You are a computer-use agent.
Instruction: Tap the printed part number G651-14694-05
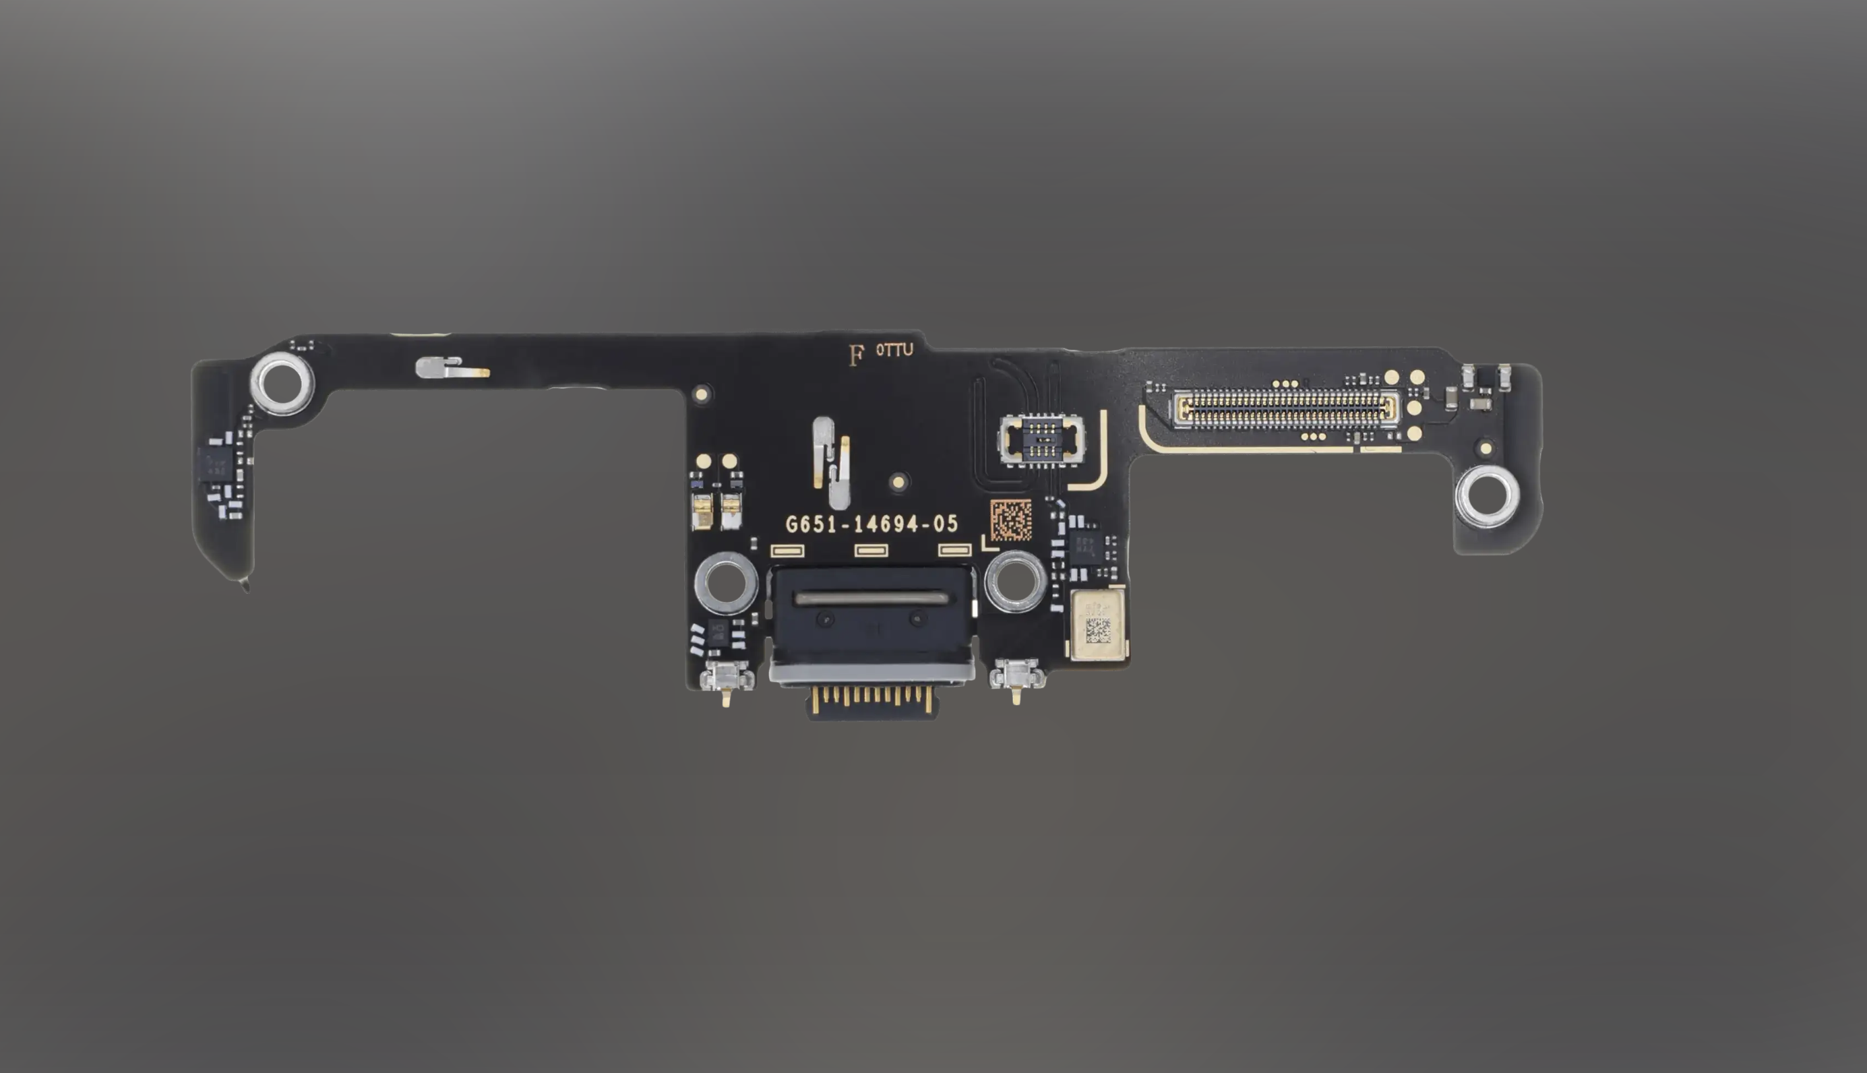click(x=871, y=524)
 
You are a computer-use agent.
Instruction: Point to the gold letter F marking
click(x=855, y=356)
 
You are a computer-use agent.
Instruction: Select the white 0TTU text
click(x=894, y=350)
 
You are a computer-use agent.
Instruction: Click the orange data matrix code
click(x=1011, y=520)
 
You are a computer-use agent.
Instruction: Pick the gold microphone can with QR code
click(x=1098, y=624)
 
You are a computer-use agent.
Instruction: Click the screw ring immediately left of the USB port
click(x=726, y=583)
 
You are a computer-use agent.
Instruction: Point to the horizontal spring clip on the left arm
click(x=450, y=368)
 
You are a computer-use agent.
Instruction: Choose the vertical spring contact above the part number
click(x=832, y=463)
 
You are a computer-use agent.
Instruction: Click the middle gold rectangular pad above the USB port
click(x=871, y=551)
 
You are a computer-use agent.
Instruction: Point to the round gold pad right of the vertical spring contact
click(x=897, y=482)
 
